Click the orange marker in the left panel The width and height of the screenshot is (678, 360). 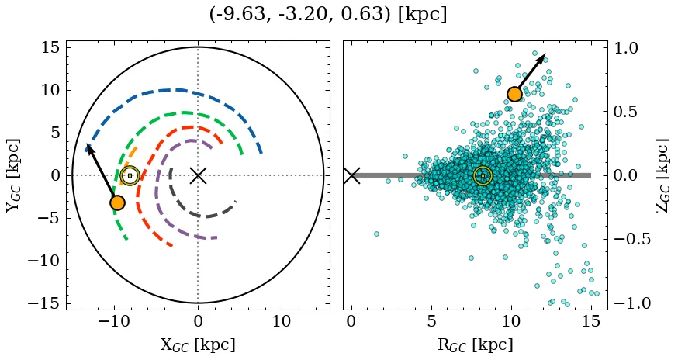pos(117,202)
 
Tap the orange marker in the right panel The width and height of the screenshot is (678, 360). pos(514,95)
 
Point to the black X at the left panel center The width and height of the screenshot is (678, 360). pos(198,175)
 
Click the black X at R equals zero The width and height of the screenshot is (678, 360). pos(351,175)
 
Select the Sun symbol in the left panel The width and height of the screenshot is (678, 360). pos(130,175)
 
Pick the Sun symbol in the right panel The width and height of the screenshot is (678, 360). pos(483,175)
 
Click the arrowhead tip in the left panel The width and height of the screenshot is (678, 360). pos(87,145)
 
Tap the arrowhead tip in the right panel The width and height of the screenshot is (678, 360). pos(545,54)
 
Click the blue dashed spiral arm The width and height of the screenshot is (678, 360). pos(178,90)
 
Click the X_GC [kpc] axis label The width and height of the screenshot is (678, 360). pos(198,344)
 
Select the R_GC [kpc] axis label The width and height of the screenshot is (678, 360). pos(476,344)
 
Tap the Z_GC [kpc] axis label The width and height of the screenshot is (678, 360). pos(664,175)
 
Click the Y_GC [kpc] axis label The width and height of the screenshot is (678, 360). pos(13,175)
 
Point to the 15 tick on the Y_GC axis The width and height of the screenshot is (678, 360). pos(50,47)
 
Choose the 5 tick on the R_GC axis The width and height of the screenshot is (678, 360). pos(431,321)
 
